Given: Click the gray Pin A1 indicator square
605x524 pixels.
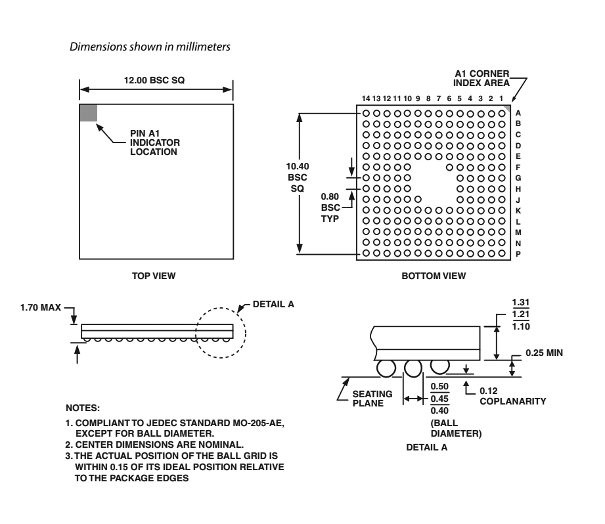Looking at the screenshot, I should coord(88,112).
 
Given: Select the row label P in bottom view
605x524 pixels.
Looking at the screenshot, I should coord(518,253).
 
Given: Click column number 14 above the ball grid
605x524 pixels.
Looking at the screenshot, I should coord(366,98).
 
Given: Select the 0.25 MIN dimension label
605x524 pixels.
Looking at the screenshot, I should coord(545,353).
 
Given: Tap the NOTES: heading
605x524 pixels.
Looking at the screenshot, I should coord(83,408).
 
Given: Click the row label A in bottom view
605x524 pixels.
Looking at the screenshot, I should coord(518,113).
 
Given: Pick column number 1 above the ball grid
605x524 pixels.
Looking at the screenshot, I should coord(501,98).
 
